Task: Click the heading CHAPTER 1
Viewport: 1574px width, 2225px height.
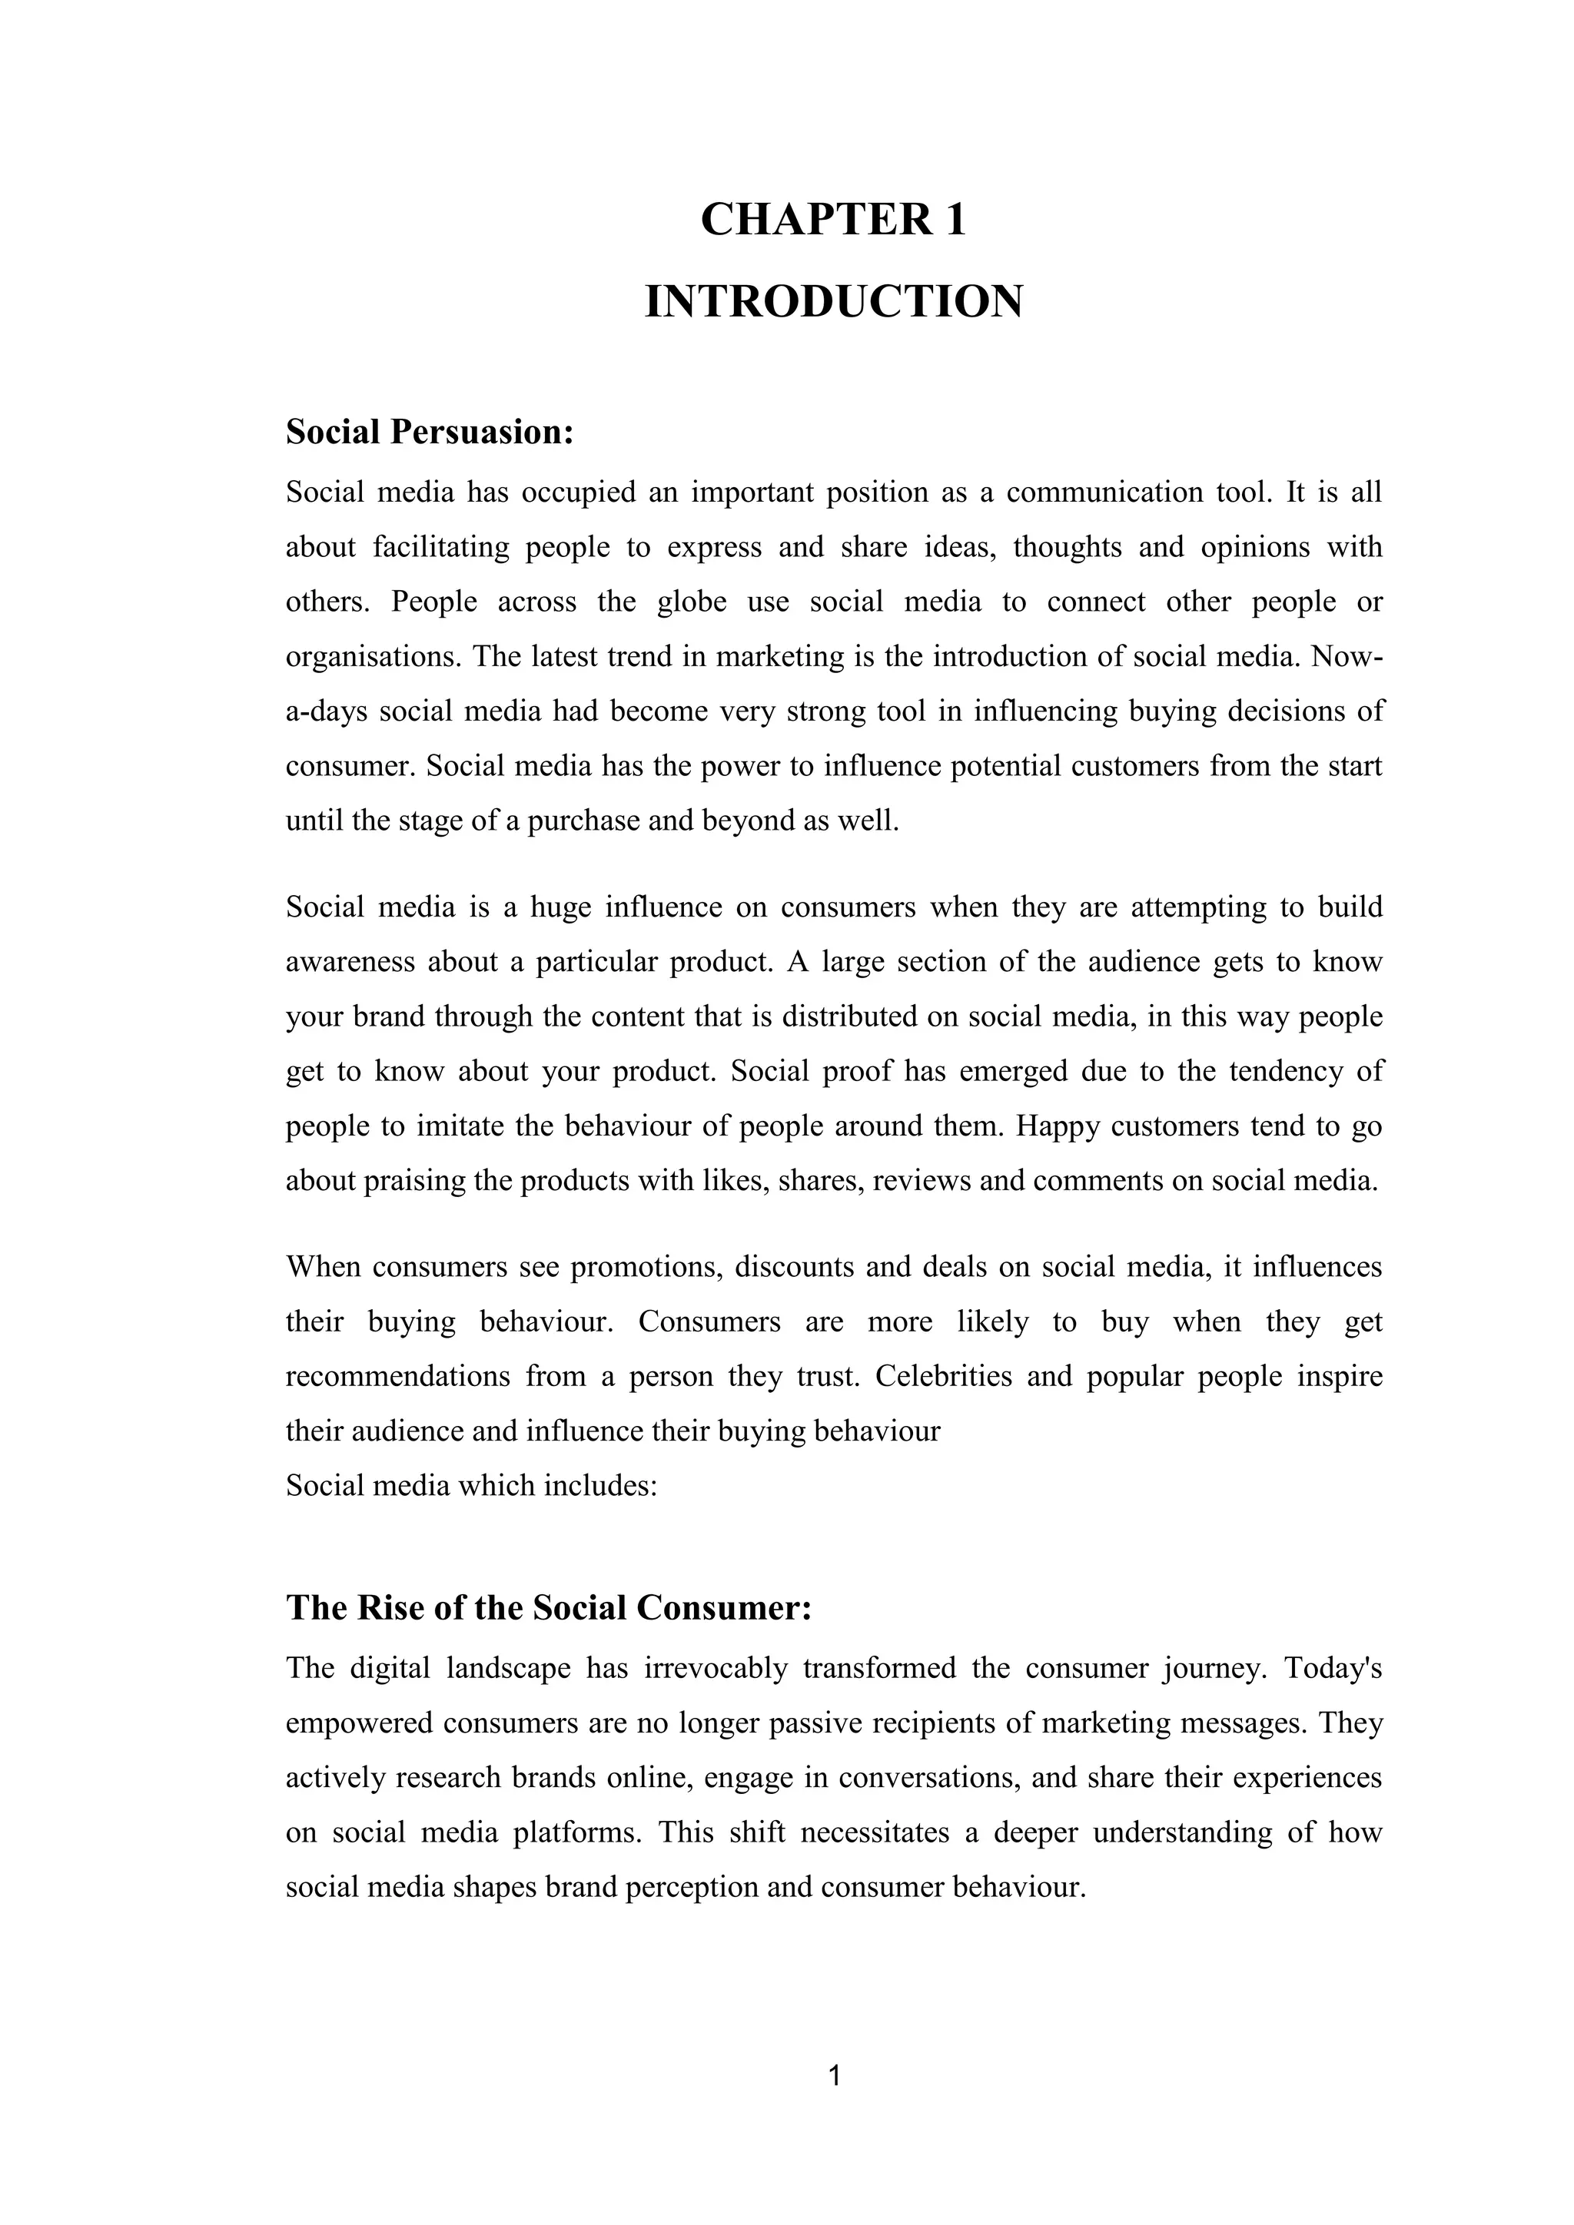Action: click(834, 219)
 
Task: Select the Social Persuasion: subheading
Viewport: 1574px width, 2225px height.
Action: click(430, 433)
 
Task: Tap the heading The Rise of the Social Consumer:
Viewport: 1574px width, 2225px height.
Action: click(549, 1608)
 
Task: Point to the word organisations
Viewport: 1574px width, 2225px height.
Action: click(377, 657)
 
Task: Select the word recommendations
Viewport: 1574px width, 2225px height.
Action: click(397, 1376)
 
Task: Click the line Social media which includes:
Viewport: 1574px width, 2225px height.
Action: click(471, 1486)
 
